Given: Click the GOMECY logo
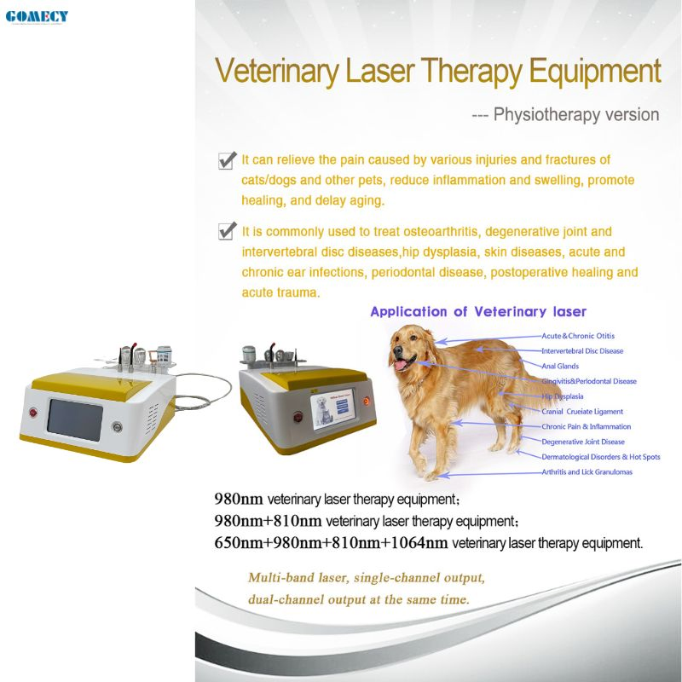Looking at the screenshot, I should pyautogui.click(x=37, y=16).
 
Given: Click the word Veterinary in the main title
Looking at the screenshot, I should pyautogui.click(x=277, y=71).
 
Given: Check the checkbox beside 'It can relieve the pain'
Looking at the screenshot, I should pyautogui.click(x=228, y=159).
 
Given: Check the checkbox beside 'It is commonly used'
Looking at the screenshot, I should pyautogui.click(x=228, y=231).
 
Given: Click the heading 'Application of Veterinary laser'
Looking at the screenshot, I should pyautogui.click(x=477, y=312).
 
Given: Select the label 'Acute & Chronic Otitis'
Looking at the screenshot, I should pyautogui.click(x=578, y=336).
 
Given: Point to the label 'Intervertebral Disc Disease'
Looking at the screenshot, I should pyautogui.click(x=582, y=350).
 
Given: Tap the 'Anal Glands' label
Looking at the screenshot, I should pyautogui.click(x=560, y=366).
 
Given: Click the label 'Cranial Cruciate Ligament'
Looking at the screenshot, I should pyautogui.click(x=582, y=412).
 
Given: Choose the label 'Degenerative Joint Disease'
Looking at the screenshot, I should pyautogui.click(x=583, y=442).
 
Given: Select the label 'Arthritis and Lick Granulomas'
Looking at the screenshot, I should pyautogui.click(x=587, y=471).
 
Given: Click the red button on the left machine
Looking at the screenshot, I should pyautogui.click(x=33, y=413).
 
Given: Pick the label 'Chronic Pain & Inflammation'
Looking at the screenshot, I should pyautogui.click(x=587, y=426).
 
